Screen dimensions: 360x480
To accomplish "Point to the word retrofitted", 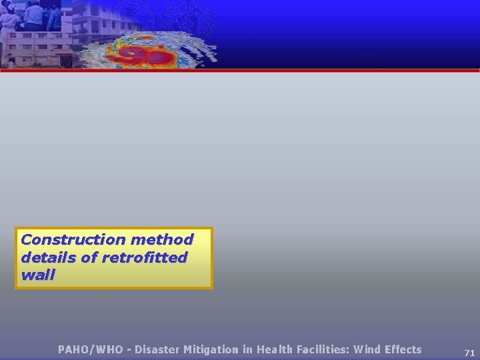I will pos(146,257).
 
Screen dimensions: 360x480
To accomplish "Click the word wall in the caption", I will pos(38,275).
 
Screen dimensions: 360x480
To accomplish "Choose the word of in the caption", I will pos(89,257).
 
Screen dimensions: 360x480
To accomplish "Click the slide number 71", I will pos(469,353).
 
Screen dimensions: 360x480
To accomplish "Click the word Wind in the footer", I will pos(367,349).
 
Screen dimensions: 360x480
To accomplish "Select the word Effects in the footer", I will pos(403,349).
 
